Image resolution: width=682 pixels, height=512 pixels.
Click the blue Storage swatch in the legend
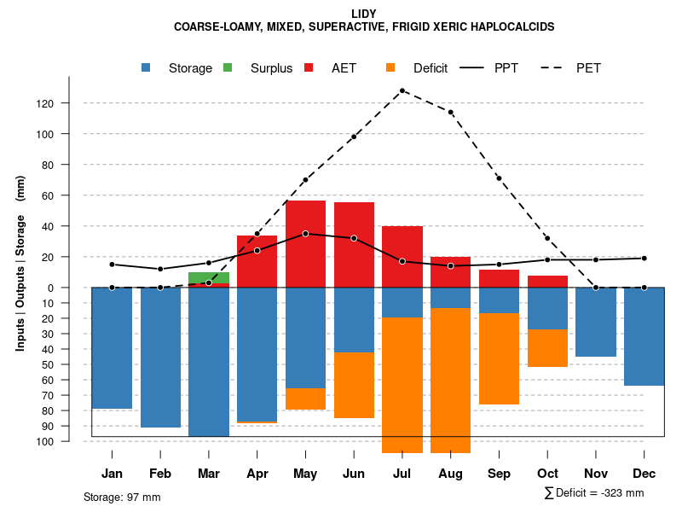point(147,67)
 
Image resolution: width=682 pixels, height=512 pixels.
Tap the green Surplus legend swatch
point(228,67)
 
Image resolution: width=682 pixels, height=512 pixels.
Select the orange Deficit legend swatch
point(391,67)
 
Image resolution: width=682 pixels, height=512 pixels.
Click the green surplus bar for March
point(209,277)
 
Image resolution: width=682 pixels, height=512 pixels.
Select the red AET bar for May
point(305,244)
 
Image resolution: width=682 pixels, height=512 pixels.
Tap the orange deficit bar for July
point(402,384)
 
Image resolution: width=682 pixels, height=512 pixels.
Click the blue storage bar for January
point(112,348)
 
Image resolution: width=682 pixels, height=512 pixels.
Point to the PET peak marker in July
point(402,90)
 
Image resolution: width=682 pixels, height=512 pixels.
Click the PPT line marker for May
point(305,234)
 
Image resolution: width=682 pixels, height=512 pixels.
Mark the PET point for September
point(499,178)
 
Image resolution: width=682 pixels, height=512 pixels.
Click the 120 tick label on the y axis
point(69,103)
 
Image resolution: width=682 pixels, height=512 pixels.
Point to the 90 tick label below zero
point(72,426)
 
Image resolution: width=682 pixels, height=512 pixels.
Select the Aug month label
point(450,474)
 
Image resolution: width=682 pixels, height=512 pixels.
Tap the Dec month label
point(644,474)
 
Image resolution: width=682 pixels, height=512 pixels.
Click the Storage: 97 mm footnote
point(122,497)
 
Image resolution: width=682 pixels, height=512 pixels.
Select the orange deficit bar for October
point(547,348)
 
